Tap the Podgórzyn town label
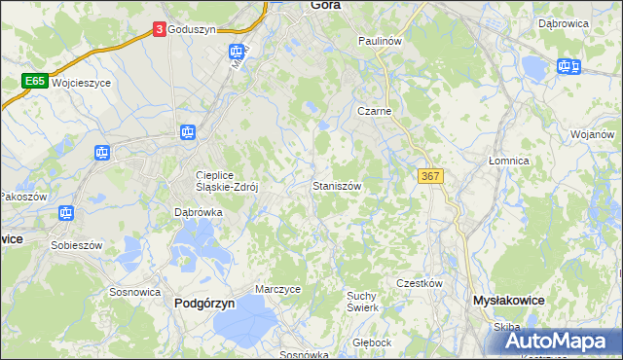(204, 303)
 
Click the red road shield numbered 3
(159, 30)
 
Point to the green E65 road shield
(36, 82)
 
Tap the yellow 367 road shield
(430, 175)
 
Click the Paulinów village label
(380, 42)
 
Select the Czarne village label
(374, 111)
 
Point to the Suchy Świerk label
(361, 301)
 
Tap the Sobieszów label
(79, 245)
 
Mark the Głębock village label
(372, 342)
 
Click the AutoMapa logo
(559, 340)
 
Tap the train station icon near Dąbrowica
(567, 66)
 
